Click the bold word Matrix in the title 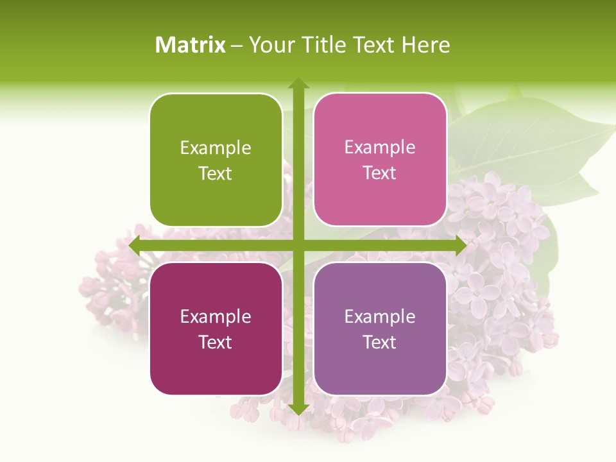(191, 45)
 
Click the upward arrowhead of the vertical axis (298, 83)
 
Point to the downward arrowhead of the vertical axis (298, 409)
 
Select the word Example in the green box (216, 148)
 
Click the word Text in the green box (216, 173)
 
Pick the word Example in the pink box (380, 148)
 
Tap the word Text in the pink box (380, 173)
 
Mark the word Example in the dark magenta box (216, 317)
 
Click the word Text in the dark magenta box (216, 342)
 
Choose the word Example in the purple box (380, 317)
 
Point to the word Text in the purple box (380, 342)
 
